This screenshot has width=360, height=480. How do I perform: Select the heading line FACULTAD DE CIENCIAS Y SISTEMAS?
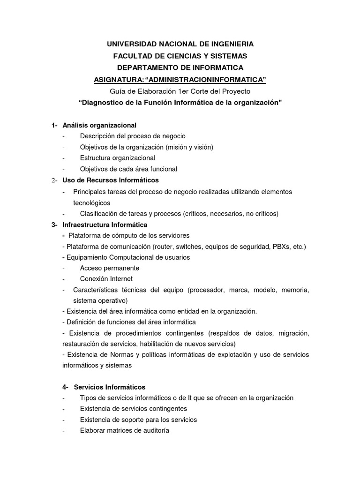pos(180,56)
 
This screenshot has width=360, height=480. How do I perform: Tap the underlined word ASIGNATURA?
pos(113,79)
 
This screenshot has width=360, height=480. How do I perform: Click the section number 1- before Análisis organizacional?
pos(55,125)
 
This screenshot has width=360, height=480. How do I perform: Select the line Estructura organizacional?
pos(117,158)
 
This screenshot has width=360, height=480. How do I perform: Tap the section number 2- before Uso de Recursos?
pos(55,180)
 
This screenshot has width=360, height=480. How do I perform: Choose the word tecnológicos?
pos(92,202)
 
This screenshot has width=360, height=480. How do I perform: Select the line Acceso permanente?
pos(109,268)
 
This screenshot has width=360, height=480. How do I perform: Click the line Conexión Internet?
pos(106,279)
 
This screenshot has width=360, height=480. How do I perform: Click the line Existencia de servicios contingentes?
pos(134,408)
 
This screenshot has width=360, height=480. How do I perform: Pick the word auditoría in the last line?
pos(153,430)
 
